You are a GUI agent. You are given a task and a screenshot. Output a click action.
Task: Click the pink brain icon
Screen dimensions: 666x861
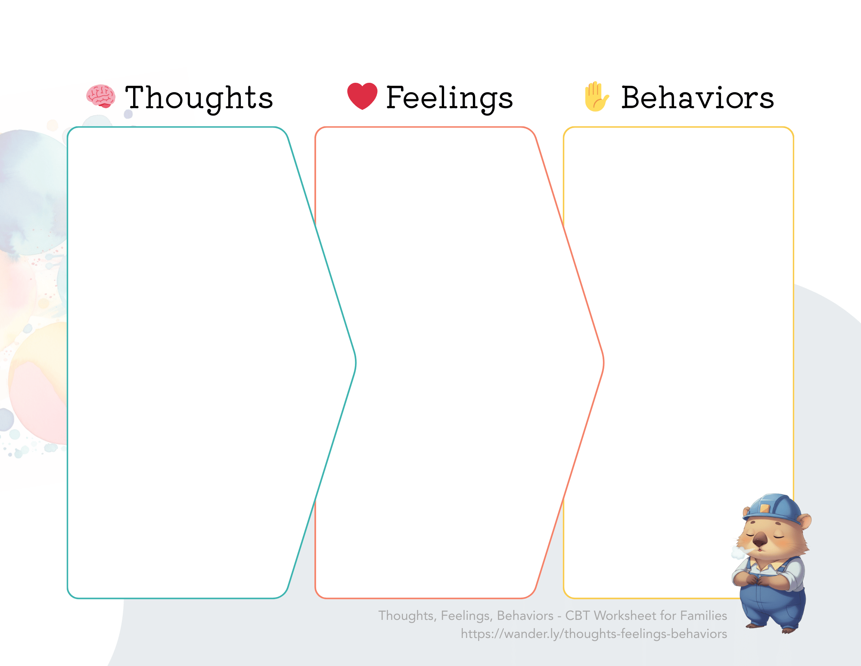tap(100, 96)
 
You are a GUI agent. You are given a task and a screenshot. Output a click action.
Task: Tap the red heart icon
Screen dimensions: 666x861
tap(362, 96)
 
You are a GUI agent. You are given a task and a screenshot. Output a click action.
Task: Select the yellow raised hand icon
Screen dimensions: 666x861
tap(596, 97)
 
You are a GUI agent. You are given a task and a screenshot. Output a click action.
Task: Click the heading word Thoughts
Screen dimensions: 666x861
tap(199, 98)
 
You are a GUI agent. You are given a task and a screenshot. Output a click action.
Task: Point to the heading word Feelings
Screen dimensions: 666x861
tap(449, 98)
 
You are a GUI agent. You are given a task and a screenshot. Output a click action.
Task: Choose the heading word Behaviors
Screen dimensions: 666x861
tap(697, 98)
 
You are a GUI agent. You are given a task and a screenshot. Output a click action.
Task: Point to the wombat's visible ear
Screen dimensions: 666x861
tap(804, 521)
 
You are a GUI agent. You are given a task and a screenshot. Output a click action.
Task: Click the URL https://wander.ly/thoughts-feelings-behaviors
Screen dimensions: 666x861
tap(594, 634)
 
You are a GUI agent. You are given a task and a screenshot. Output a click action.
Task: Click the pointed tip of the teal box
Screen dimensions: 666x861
tap(355, 363)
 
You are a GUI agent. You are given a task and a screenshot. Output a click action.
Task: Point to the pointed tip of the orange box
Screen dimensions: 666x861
tap(603, 363)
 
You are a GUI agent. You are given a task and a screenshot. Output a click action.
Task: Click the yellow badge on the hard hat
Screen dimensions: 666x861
tap(765, 509)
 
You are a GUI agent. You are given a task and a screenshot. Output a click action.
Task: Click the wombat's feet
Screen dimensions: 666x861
tap(771, 627)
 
